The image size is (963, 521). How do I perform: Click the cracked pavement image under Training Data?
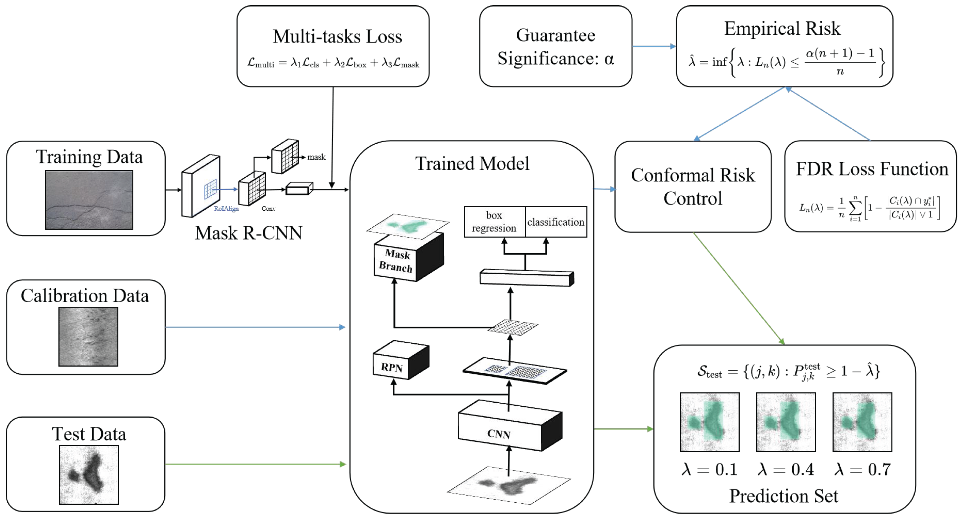pos(89,200)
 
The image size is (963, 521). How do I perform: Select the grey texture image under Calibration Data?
pos(88,336)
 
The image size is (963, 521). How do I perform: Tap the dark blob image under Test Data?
pos(89,474)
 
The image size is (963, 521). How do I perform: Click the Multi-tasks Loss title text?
pos(337,37)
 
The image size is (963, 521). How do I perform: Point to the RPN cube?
pos(400,361)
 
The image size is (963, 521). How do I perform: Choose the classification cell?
pos(556,222)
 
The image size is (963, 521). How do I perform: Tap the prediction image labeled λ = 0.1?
pos(709,422)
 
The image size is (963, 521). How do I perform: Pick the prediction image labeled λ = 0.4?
pos(786,422)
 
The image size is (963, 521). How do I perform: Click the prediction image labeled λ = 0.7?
pos(862,422)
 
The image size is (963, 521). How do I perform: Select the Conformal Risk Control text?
pos(693,187)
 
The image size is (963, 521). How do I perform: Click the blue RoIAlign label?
pos(226,209)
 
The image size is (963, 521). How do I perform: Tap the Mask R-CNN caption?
pos(249,233)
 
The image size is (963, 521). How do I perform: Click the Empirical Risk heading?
pos(782,28)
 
